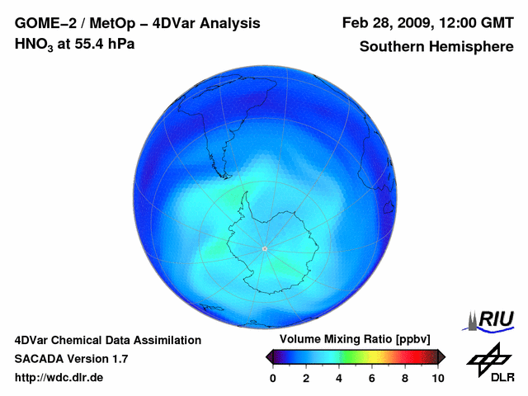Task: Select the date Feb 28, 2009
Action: tap(382, 23)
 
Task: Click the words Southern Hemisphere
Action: tap(436, 46)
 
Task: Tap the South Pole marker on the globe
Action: tap(264, 248)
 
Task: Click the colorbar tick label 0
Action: tap(273, 378)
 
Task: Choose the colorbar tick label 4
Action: tap(339, 378)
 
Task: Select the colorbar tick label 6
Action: tap(372, 378)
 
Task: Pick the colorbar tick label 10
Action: tap(437, 378)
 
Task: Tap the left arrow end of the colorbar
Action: tap(269, 356)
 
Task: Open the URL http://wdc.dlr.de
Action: tap(59, 378)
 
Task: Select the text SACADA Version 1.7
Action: tap(71, 359)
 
